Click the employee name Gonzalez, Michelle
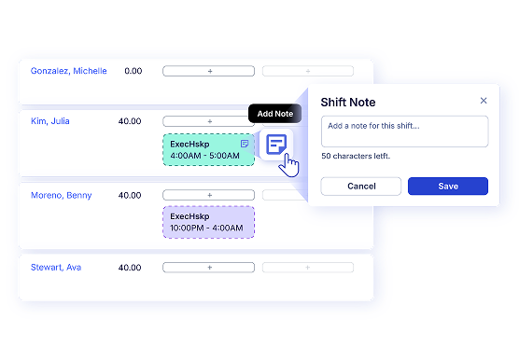(68, 71)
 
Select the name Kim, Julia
(50, 121)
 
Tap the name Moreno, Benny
(62, 195)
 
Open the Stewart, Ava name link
(56, 268)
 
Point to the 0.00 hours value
(133, 71)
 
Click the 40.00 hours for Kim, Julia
(130, 121)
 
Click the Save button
(448, 187)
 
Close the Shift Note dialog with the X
(484, 101)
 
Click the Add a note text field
(404, 132)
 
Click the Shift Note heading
(348, 103)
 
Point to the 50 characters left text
(356, 156)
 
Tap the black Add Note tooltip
(274, 114)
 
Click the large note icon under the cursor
(276, 145)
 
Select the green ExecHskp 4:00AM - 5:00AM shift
(208, 150)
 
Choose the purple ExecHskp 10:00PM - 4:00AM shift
(208, 222)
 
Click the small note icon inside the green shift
(245, 144)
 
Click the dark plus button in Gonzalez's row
(208, 71)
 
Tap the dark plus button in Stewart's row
(208, 268)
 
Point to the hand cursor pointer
(288, 165)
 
